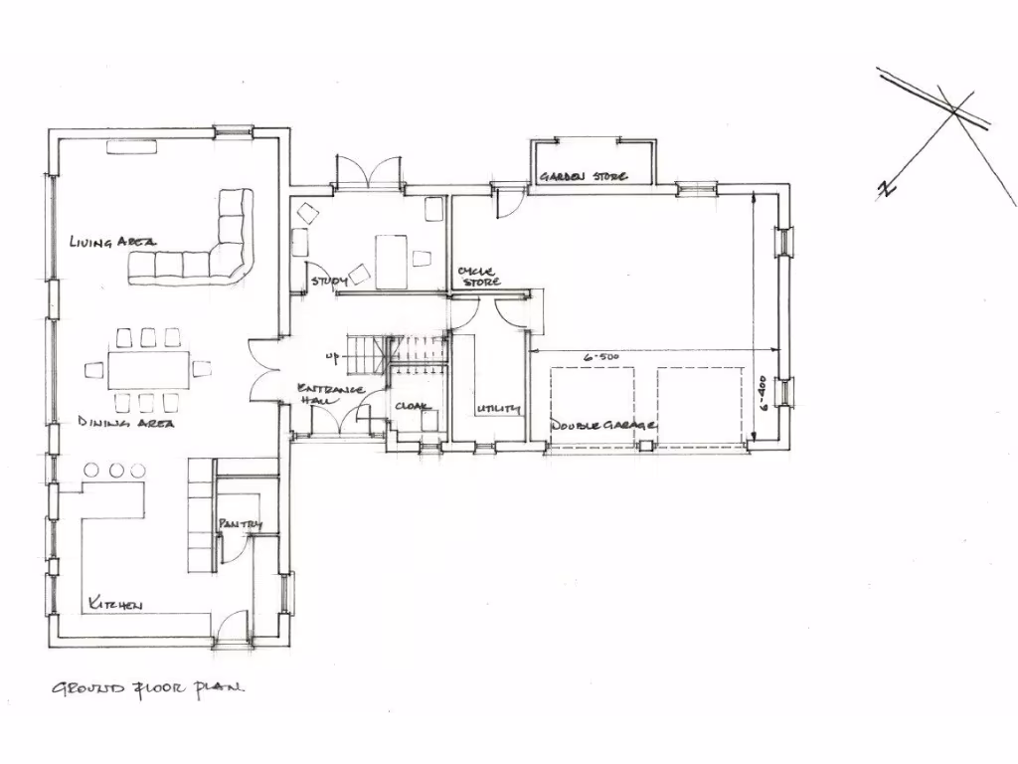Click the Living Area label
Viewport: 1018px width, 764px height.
click(112, 241)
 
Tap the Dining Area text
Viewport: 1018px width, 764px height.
click(126, 423)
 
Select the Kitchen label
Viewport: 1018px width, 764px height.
click(115, 604)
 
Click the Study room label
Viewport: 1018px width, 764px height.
click(328, 282)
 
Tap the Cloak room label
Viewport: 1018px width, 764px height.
click(413, 407)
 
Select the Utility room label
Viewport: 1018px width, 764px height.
click(498, 409)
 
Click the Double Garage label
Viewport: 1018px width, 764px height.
click(602, 425)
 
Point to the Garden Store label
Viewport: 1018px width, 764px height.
click(583, 176)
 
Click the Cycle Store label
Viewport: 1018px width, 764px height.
click(478, 276)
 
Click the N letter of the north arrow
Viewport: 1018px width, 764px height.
click(884, 189)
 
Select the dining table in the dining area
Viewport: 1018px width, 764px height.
click(147, 369)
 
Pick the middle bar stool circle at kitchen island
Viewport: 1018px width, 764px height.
click(117, 470)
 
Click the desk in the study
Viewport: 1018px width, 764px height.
click(392, 261)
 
